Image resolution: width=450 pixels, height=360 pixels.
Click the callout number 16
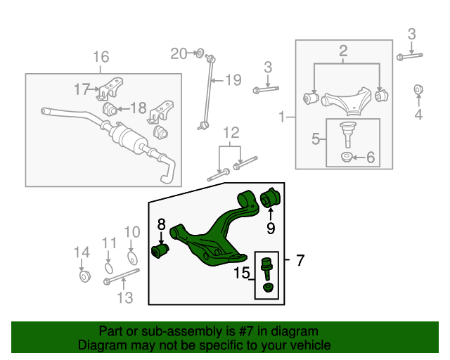[101, 57]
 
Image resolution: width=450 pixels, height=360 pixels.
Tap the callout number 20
[179, 53]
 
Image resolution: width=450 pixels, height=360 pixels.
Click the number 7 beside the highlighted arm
[300, 261]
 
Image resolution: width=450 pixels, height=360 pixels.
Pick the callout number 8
[161, 224]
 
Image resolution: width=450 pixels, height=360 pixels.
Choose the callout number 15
[243, 272]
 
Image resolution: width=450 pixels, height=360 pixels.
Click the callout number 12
[231, 133]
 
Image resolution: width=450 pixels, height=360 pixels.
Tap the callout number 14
[82, 252]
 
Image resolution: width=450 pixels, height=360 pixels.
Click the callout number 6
[370, 158]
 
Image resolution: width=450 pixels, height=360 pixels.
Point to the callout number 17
[82, 89]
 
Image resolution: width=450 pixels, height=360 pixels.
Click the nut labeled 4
[419, 89]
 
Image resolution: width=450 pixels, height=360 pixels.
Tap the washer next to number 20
[199, 53]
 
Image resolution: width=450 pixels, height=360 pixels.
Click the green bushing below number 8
[161, 250]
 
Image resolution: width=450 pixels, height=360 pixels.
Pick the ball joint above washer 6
[347, 131]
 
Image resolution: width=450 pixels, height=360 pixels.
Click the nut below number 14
[82, 276]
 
